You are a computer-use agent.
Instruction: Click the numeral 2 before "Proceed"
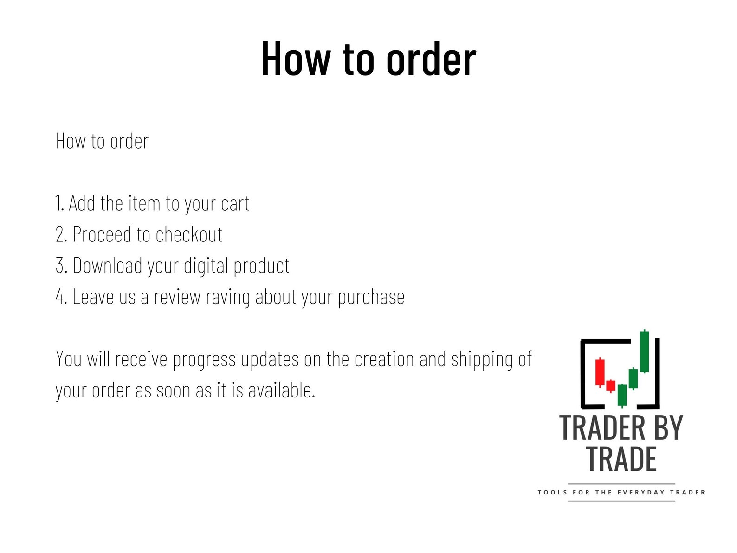coord(61,234)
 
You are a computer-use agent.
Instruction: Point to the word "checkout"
coord(189,234)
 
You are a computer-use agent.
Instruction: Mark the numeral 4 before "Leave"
coord(61,297)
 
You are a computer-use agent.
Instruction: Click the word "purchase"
coord(371,297)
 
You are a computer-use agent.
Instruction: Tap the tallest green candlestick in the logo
coord(644,351)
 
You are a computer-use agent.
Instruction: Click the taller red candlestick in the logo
coord(600,372)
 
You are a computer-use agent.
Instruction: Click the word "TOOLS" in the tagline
coord(552,492)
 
